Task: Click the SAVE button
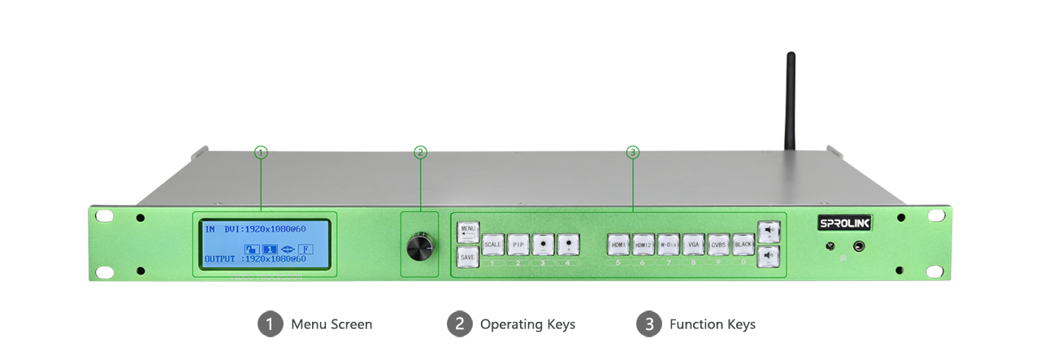[467, 257]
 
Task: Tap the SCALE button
[492, 245]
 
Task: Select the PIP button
[518, 245]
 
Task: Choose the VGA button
[693, 245]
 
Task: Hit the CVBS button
[718, 245]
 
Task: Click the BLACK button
[743, 245]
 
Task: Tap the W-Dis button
[668, 245]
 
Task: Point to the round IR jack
[858, 246]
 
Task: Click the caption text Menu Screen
[331, 324]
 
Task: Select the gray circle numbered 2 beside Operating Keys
[459, 324]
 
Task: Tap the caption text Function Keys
[712, 324]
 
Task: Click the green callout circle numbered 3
[633, 152]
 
